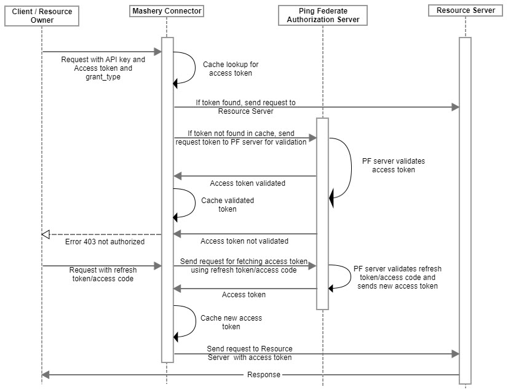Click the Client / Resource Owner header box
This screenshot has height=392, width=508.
tap(42, 16)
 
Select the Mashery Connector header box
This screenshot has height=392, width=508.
tap(167, 11)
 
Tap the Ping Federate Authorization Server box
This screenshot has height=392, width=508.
tap(323, 15)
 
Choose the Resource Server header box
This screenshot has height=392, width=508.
tap(466, 10)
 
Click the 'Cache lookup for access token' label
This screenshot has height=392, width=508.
tap(231, 69)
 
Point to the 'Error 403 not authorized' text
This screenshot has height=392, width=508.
tap(105, 242)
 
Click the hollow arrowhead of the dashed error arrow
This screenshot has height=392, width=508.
tap(46, 234)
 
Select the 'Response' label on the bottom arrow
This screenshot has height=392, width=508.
tap(264, 375)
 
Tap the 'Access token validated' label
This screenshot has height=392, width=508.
tap(247, 183)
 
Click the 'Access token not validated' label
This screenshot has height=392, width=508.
tap(244, 241)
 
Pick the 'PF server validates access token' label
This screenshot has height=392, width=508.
tap(394, 166)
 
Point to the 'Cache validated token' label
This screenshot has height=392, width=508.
tap(228, 204)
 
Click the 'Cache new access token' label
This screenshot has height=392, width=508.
tap(231, 322)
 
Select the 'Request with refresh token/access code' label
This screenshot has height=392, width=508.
tap(103, 274)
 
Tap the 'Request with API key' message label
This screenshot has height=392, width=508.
tap(103, 68)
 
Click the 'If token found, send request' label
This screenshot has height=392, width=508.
tap(245, 106)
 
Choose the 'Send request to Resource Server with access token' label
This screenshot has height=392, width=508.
tap(250, 353)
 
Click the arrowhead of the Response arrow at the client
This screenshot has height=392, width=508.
tap(46, 375)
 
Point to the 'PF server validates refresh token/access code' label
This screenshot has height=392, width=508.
tap(397, 277)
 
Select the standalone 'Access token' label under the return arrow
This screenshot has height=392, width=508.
tap(244, 294)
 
